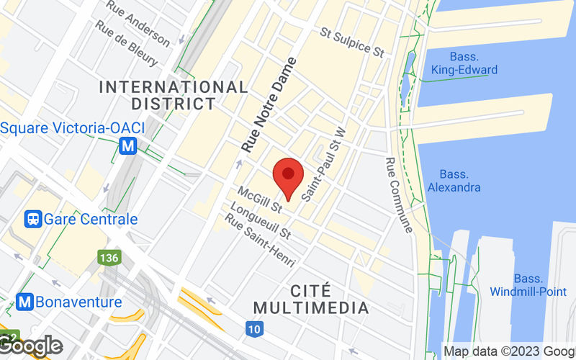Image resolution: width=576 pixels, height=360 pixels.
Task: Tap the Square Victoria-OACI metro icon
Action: point(129,145)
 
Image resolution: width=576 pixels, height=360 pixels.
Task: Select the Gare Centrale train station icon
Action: point(33,219)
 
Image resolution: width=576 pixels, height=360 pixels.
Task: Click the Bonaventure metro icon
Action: point(26,302)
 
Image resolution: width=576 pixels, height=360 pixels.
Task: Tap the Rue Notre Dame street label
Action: point(269,104)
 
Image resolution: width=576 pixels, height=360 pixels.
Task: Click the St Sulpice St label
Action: point(352,41)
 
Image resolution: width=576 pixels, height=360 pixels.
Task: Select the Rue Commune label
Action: point(399,195)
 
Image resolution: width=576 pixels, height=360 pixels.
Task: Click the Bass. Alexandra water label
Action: point(454,181)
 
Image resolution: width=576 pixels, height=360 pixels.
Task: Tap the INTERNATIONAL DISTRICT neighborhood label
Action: point(173,95)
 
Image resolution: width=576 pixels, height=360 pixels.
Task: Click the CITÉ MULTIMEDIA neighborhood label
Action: point(330,300)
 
